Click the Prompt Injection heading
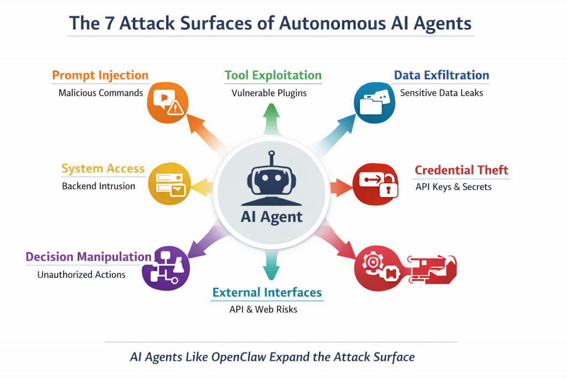100,75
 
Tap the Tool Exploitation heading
273,75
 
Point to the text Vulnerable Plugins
269,93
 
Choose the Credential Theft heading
461,170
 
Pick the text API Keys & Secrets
453,187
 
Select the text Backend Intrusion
99,186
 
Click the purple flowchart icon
166,267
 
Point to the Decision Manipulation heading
89,257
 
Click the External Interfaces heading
267,292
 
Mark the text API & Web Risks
263,309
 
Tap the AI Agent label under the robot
272,217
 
